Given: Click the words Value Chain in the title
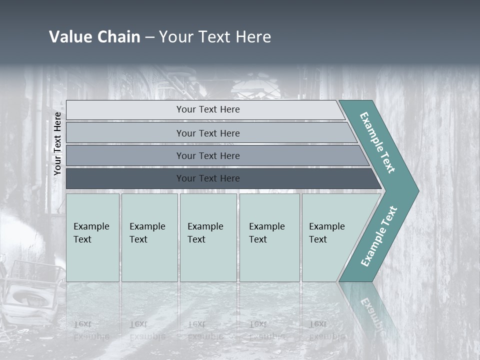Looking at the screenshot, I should pos(94,37).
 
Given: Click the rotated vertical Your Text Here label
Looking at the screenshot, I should pos(57,143).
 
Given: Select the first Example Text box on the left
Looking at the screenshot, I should pos(92,237).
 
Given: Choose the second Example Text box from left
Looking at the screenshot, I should pos(149,237).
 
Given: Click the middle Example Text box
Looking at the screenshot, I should pos(208,237).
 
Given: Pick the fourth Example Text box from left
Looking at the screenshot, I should pos(269,237).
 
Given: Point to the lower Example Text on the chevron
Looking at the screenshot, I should pos(379,236).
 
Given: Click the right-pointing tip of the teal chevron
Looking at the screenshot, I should pos(416,190).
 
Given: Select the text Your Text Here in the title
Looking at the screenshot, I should pos(215,37).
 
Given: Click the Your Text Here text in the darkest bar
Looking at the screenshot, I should pos(208,178).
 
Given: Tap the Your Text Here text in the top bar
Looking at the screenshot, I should pos(208,109).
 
